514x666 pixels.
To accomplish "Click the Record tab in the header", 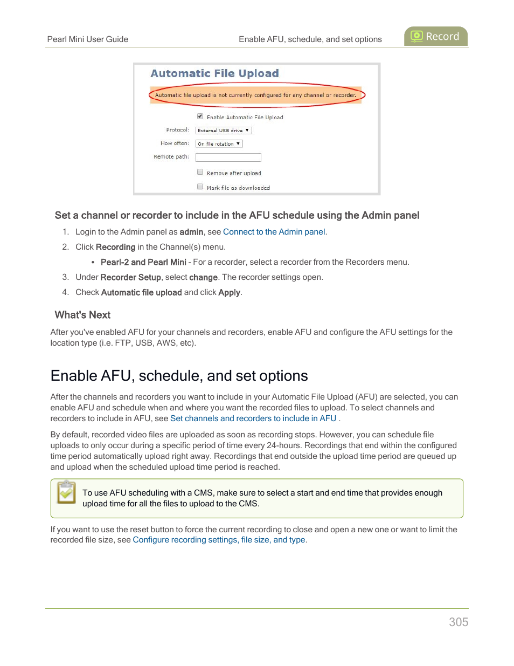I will pos(435,36).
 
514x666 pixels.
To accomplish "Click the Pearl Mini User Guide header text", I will pos(87,39).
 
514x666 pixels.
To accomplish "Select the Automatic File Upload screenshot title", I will pos(214,73).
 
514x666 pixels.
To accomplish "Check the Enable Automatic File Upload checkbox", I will pos(200,116).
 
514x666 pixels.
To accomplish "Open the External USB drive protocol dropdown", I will pos(223,131).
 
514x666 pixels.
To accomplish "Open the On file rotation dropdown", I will pos(219,144).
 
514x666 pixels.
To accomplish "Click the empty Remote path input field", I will pos(228,157).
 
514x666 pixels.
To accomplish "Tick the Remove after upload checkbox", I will pos(200,172).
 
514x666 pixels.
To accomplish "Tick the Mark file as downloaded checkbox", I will pos(200,187).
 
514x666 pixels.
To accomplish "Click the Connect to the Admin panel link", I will pos(274,232).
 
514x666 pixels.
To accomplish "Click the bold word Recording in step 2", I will pos(115,247).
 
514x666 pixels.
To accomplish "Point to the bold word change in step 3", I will pos(203,277).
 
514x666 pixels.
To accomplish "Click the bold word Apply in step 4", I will pos(229,292).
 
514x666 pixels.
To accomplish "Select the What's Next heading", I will pos(82,315).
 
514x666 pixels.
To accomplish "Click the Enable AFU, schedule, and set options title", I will pos(179,376).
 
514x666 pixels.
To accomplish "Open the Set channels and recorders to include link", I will pos(253,418).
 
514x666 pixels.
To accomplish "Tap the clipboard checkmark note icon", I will pos(66,492).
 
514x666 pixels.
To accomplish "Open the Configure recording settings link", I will pos(219,540).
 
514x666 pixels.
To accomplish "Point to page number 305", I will pos(459,622).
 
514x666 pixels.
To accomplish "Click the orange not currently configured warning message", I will pos(255,95).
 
